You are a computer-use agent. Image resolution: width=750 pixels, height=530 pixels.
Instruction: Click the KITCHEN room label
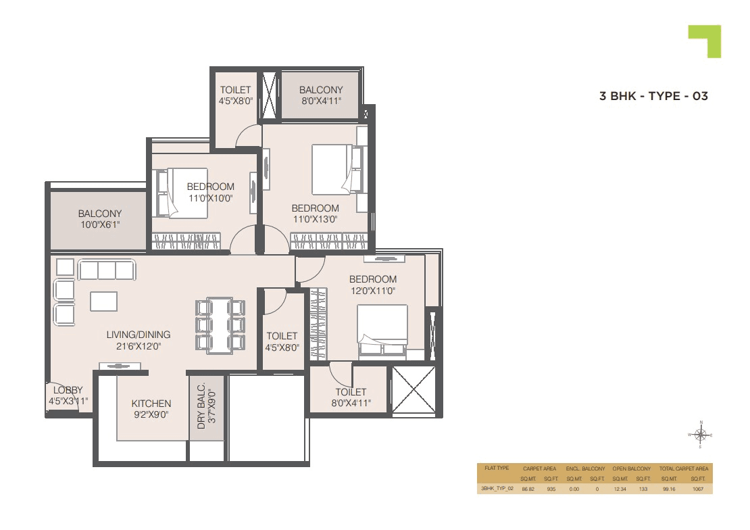tap(151, 404)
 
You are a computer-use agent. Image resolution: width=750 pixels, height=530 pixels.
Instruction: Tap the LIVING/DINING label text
tap(139, 335)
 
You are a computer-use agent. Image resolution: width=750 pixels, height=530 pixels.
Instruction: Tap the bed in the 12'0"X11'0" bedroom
tap(383, 329)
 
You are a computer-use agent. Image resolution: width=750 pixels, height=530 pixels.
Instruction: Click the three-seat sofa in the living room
tap(107, 270)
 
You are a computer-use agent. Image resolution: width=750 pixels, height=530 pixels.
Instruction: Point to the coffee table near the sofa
tap(103, 301)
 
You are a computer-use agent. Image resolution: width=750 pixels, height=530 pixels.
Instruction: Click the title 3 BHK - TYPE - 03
tap(653, 96)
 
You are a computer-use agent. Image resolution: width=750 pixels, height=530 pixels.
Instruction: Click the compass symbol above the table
tap(701, 434)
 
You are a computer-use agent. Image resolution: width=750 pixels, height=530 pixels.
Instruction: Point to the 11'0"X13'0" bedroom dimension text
tap(315, 219)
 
